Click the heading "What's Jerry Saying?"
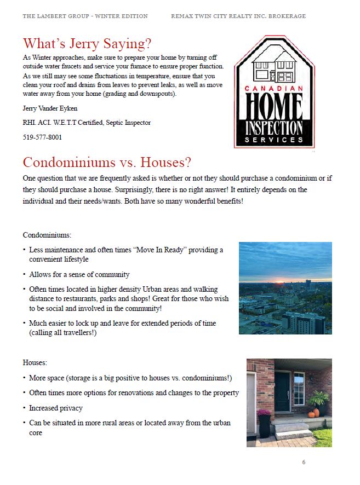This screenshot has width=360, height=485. pos(87,44)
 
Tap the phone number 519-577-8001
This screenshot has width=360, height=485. pos(42,137)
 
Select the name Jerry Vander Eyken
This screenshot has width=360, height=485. pos(50,108)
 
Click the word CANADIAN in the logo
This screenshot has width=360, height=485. pos(274,88)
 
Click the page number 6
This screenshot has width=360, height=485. pos(304,463)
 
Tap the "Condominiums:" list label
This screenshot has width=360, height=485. pos(47,235)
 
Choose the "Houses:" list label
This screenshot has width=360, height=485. pos(35,363)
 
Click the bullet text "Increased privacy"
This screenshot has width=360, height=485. pos(56,408)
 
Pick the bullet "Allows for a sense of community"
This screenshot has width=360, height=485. pos(79,274)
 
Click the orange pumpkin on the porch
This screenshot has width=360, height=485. pos(313,413)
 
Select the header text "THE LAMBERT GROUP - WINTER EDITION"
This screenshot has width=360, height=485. pos(85,16)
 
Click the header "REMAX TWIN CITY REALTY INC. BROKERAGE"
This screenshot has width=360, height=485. pos(238,16)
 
